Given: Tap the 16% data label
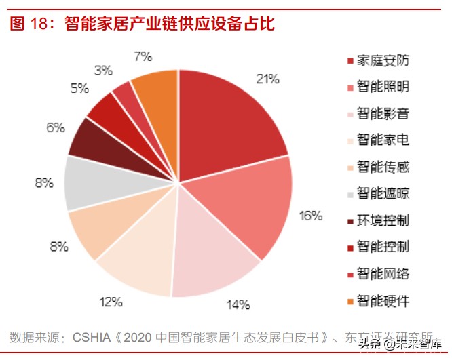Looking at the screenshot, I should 310,216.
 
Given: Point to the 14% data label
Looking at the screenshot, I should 238,304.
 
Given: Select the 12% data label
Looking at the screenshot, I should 111,300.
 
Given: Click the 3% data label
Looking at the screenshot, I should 103,70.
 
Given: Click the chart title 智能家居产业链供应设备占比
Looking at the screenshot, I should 170,24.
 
